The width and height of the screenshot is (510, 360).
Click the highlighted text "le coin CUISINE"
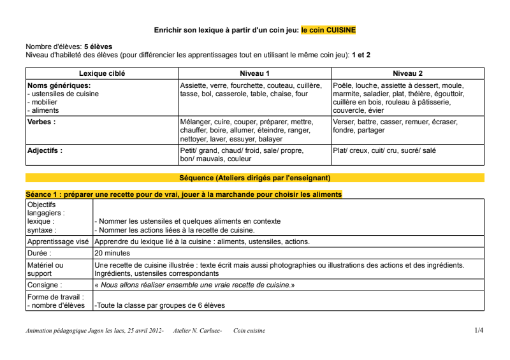[328, 30]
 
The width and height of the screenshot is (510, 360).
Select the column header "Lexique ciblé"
[102, 74]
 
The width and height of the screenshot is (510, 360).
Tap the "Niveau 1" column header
[254, 74]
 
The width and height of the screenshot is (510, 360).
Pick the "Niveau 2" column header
[407, 74]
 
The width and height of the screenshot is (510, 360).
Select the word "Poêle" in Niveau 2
[343, 85]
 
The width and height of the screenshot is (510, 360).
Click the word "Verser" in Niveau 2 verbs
[344, 122]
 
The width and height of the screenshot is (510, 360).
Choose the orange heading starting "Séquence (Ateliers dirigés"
[255, 178]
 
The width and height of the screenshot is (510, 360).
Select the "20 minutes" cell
[113, 253]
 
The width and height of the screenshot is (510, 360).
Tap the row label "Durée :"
[40, 253]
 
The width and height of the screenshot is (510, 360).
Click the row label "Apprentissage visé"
[58, 242]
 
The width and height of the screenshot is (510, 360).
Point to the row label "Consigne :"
[45, 285]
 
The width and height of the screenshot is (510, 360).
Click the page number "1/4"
[479, 331]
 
